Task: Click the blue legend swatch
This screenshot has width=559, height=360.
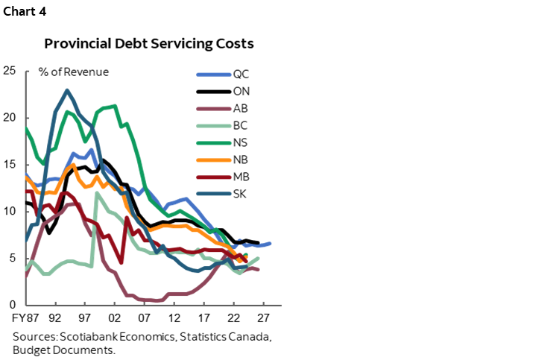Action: pos(214,75)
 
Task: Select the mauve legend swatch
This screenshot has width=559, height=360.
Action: pos(214,109)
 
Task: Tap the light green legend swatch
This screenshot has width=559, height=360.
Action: pos(214,126)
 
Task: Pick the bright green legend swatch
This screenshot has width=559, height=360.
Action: pos(214,143)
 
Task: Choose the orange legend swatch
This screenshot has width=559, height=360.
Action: pos(214,160)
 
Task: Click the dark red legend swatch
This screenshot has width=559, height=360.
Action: pos(214,177)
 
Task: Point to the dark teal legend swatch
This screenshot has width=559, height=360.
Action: pos(214,195)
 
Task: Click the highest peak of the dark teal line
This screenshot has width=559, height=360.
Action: pos(67,90)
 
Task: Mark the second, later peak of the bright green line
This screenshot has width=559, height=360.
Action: pos(113,106)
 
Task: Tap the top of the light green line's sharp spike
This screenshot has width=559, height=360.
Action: pos(96,193)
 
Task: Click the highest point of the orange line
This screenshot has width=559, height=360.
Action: pos(72,165)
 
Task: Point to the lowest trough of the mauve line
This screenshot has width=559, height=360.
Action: pos(157,301)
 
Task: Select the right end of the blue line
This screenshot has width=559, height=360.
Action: pos(270,243)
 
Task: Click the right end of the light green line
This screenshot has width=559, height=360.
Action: pos(258,259)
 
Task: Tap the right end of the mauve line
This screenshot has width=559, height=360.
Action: pos(258,269)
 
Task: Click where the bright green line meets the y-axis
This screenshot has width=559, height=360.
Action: pos(26,128)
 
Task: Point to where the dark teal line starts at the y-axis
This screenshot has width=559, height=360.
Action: pos(26,240)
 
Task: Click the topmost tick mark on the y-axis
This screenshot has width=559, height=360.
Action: pos(27,72)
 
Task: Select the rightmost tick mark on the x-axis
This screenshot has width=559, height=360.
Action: pos(263,304)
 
